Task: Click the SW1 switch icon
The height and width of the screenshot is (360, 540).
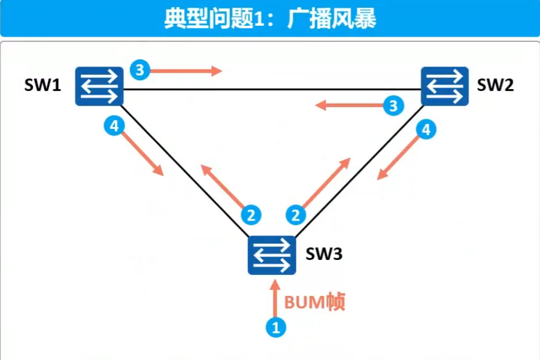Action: pos(99,86)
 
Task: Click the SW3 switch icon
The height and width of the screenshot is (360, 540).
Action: pos(272,255)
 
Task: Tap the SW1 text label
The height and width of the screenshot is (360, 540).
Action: pos(43,86)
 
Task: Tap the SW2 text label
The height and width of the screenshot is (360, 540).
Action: pos(495,86)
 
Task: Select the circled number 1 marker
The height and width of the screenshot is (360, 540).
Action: pos(276,327)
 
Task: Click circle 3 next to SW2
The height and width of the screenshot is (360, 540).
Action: pos(393,107)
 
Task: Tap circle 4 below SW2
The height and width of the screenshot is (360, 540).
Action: pos(426,130)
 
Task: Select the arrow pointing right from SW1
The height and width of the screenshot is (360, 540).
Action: pos(186,71)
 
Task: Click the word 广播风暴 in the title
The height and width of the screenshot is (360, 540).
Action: pos(332,19)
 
